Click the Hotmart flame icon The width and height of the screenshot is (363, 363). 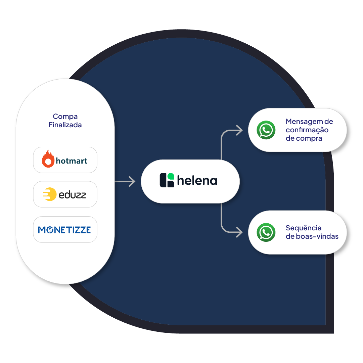coord(48,159)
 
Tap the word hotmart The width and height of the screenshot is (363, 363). coord(72,161)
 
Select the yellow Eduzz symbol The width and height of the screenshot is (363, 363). coord(49,194)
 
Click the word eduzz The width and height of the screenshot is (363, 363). coord(72,195)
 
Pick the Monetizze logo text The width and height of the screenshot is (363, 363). coord(64,230)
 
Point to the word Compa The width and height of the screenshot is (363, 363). coord(65,117)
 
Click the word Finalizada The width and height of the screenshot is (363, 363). coord(65,125)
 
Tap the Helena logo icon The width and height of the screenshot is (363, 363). coord(167,180)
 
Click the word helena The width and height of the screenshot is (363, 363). coord(197,181)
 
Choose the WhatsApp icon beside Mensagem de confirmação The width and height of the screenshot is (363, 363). coord(266,130)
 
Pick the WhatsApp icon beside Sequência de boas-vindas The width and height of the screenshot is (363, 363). coord(266,232)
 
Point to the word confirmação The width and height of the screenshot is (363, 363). coord(307,130)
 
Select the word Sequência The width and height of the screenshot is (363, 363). coord(304,228)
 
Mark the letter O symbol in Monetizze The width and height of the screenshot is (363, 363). coord(49,230)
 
